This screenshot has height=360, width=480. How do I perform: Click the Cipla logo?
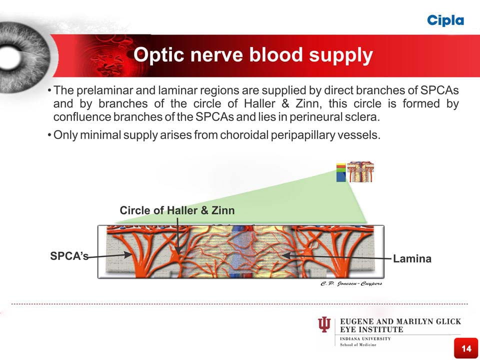coord(445,20)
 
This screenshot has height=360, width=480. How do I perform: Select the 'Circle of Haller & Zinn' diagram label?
coord(177,210)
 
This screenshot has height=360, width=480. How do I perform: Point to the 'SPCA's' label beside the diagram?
coord(69,256)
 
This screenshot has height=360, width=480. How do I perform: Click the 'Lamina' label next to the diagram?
coord(412,258)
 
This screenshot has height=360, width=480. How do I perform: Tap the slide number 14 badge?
coord(466,348)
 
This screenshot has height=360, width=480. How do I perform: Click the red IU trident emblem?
coord(324,325)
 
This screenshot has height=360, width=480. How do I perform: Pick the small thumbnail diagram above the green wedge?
coord(360,171)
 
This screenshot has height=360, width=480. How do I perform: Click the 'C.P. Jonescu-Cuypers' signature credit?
coord(351,283)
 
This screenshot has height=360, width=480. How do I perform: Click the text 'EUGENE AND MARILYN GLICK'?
coord(400,321)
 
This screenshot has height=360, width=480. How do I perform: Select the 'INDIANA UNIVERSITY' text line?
coord(365,338)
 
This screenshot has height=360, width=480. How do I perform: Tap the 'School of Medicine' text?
coord(358,345)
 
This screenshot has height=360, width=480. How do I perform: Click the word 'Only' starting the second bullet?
coord(66,136)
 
